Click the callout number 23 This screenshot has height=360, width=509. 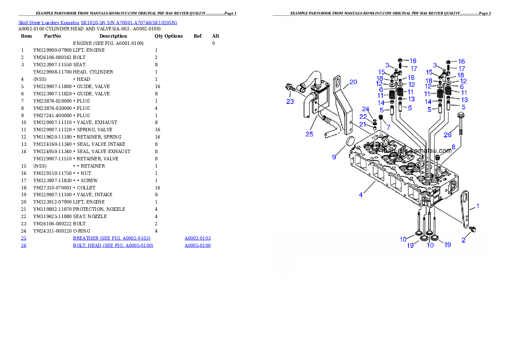click(x=290, y=101)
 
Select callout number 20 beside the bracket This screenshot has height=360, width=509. click(x=353, y=82)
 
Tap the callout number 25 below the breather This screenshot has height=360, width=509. click(x=309, y=134)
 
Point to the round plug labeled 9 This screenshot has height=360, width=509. click(x=349, y=142)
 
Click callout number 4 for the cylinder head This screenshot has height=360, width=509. click(x=361, y=195)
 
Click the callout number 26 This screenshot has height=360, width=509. click(x=447, y=135)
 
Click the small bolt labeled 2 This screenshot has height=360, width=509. click(x=473, y=230)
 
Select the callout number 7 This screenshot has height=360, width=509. click(x=388, y=127)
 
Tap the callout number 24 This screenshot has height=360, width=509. click(x=366, y=109)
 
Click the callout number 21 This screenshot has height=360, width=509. click(x=363, y=124)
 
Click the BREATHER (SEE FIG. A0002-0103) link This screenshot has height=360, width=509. click(x=112, y=238)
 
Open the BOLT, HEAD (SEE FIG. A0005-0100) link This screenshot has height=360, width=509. click(x=113, y=245)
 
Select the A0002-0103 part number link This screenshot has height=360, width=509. click(x=197, y=238)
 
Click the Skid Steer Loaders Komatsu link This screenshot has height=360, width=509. click(x=49, y=22)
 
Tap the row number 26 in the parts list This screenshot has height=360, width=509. click(x=24, y=245)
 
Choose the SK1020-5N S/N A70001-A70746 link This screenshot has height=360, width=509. click(x=129, y=22)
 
